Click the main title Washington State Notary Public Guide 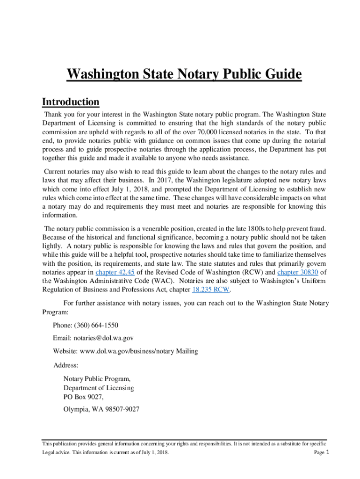pyautogui.click(x=184, y=75)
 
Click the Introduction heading pyautogui.click(x=71, y=102)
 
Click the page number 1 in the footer pyautogui.click(x=328, y=452)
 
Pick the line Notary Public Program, pyautogui.click(x=97, y=379)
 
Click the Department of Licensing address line pyautogui.click(x=99, y=388)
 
